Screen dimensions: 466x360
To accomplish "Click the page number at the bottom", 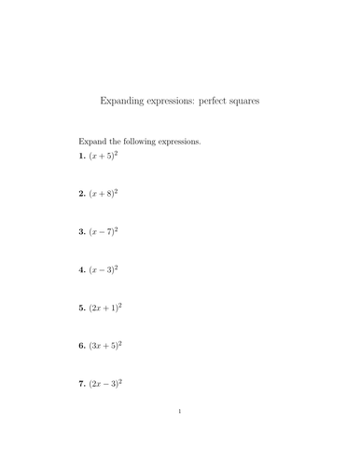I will coord(180,435).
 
